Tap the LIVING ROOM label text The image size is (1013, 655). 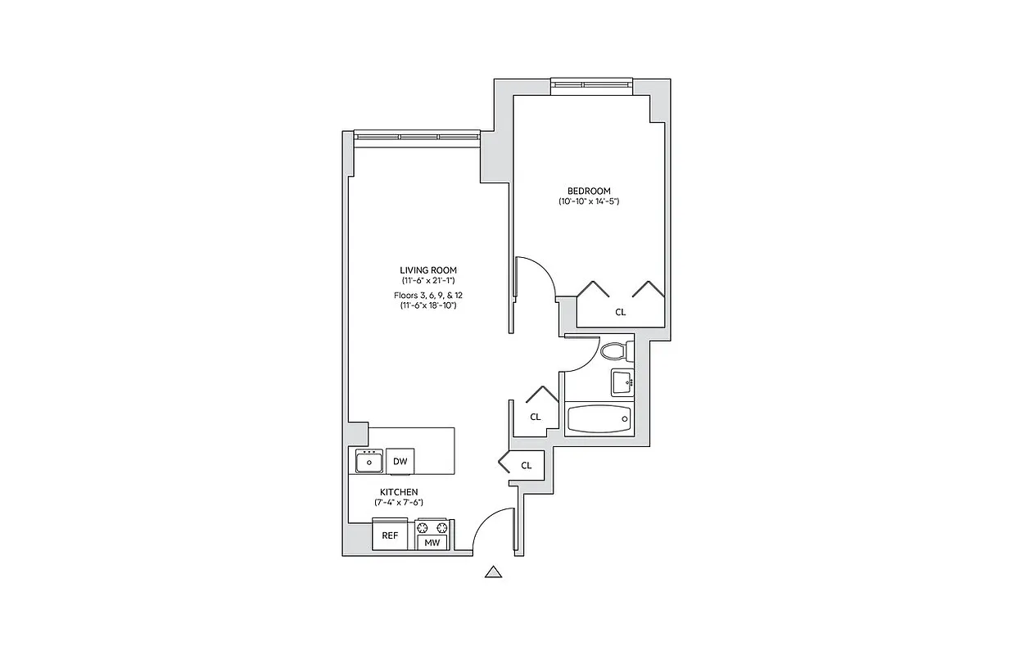pyautogui.click(x=427, y=270)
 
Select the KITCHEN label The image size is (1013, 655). pyautogui.click(x=399, y=492)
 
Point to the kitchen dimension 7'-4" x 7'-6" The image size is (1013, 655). pyautogui.click(x=399, y=502)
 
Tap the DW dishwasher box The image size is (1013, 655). pyautogui.click(x=400, y=462)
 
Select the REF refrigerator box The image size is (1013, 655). pyautogui.click(x=390, y=535)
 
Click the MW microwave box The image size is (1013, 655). pyautogui.click(x=432, y=541)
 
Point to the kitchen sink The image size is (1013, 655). pyautogui.click(x=369, y=462)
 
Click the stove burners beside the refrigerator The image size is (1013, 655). pyautogui.click(x=432, y=526)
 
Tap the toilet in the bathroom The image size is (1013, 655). pyautogui.click(x=615, y=351)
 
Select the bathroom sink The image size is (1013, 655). pyautogui.click(x=622, y=381)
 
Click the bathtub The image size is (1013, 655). pyautogui.click(x=600, y=418)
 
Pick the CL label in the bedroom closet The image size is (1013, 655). pyautogui.click(x=621, y=312)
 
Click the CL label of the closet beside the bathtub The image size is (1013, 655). pyautogui.click(x=535, y=417)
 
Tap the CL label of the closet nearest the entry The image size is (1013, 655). pyautogui.click(x=527, y=465)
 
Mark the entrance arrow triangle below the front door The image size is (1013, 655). pyautogui.click(x=493, y=573)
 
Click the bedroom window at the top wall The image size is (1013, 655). pyautogui.click(x=591, y=83)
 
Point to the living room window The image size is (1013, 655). pyautogui.click(x=416, y=136)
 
